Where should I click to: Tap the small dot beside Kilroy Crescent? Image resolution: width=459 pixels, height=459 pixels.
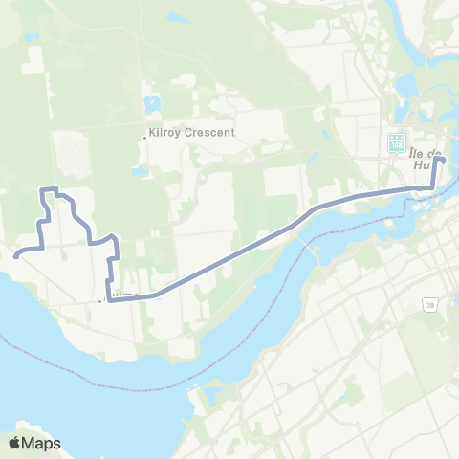click(x=145, y=136)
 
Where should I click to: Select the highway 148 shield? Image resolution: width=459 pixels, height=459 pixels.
click(x=396, y=142)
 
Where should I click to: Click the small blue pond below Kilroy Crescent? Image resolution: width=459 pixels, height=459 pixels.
click(x=141, y=171)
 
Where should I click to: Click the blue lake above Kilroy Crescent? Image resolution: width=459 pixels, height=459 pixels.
click(x=153, y=104)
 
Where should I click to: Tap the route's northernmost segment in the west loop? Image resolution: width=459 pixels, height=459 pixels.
click(x=50, y=189)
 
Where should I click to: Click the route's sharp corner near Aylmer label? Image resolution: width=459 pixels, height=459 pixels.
click(x=109, y=301)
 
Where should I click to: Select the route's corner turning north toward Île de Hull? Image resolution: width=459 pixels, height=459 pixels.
click(x=434, y=187)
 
